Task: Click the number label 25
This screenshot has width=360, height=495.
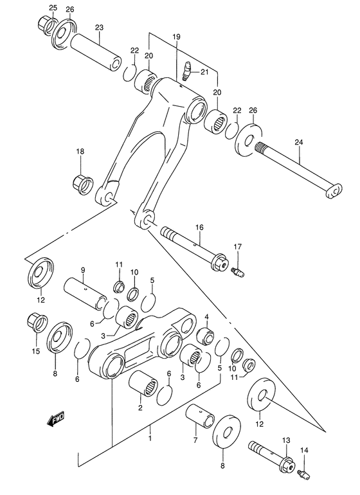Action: (53, 8)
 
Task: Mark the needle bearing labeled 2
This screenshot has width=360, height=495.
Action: (143, 387)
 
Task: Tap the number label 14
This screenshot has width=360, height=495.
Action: (303, 451)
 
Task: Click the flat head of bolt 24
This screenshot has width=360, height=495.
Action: (334, 191)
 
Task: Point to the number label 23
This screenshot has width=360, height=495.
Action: (99, 28)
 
